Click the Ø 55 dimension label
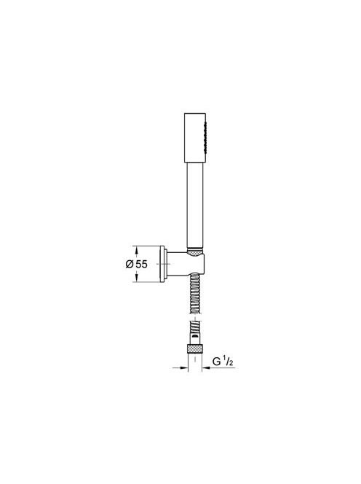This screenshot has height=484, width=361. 137,264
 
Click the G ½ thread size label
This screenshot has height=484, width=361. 223,362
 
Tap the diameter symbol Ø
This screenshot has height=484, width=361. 130,265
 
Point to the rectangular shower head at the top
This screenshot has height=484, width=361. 195,137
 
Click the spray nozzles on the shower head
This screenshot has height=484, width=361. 204,133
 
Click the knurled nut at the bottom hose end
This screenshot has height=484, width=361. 194,348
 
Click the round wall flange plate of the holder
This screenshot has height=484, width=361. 162,264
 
